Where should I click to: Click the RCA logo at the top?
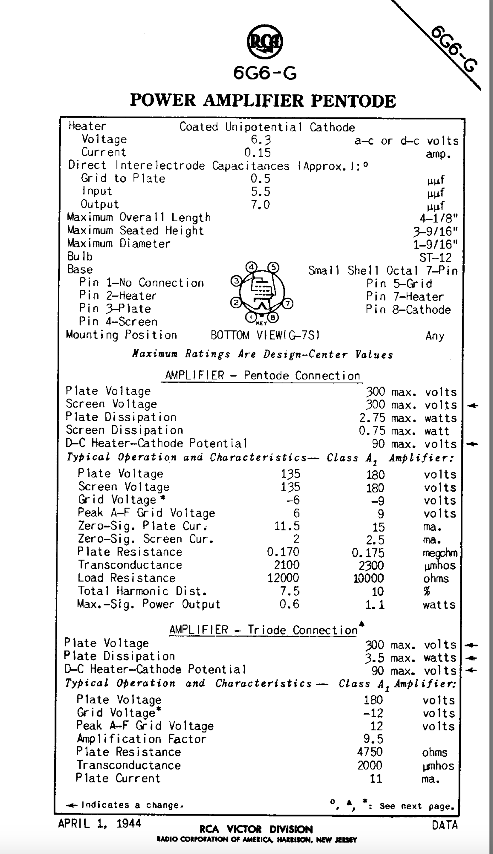tap(265, 42)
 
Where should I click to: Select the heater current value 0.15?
tap(258, 153)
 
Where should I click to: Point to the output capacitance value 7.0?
tap(260, 205)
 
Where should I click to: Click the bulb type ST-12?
tap(435, 257)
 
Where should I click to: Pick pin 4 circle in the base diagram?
tap(251, 267)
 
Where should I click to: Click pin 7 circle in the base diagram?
tap(288, 303)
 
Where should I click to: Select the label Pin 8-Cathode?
tap(408, 310)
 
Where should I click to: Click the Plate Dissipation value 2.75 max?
tap(387, 418)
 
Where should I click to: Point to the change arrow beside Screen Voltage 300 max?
tap(472, 405)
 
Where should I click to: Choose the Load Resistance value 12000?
tap(283, 578)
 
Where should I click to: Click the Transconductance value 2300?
tap(369, 565)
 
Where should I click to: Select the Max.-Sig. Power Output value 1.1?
tap(375, 604)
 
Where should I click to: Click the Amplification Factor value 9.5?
tap(373, 739)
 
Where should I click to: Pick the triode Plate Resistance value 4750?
tap(370, 752)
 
